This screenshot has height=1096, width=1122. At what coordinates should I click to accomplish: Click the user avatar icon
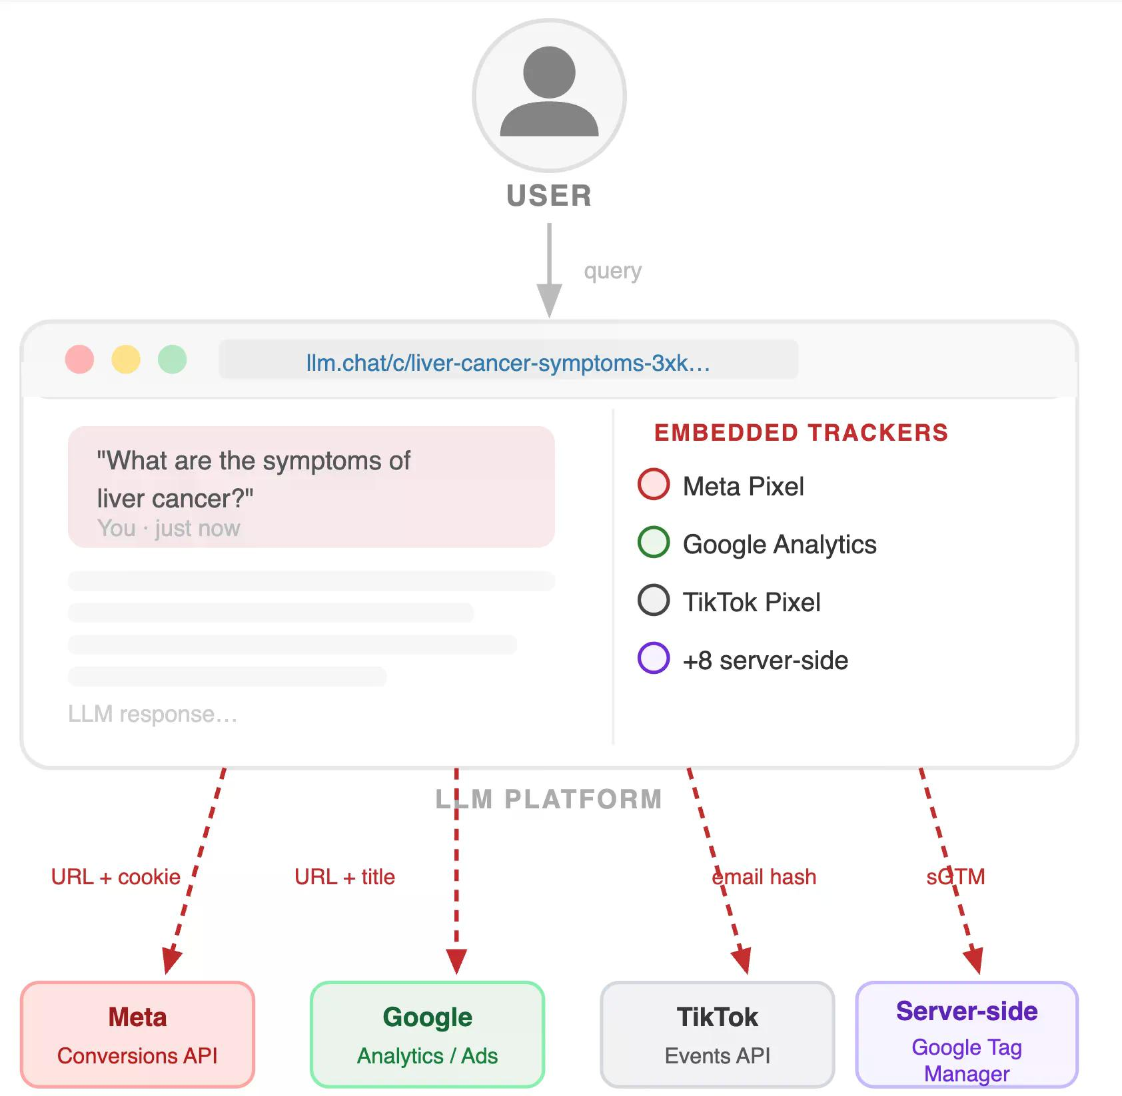549,95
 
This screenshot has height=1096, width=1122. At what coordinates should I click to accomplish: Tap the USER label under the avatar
549,196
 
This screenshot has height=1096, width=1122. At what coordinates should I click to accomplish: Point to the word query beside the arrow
613,272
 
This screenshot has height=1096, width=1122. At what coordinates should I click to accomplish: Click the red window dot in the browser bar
79,360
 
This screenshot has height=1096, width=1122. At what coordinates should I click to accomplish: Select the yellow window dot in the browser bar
126,360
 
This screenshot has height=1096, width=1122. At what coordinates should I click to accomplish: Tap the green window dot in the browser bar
173,360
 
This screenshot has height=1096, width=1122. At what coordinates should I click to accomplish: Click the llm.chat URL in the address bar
508,363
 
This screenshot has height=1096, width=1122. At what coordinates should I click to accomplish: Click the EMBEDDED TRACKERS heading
801,433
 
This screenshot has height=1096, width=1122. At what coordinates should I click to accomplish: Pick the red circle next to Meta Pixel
654,485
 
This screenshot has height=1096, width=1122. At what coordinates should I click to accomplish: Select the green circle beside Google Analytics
654,543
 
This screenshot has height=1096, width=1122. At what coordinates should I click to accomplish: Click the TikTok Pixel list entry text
752,603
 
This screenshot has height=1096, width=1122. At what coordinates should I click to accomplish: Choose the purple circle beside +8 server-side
654,659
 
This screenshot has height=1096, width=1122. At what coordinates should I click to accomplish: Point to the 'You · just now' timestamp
169,528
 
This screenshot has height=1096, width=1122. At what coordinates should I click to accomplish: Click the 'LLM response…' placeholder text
153,714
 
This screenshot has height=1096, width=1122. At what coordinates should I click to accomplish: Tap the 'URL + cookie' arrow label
116,877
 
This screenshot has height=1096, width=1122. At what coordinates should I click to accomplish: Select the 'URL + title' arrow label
344,877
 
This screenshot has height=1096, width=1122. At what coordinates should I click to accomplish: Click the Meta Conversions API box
137,1034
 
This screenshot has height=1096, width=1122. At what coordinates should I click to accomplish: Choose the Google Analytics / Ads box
427,1034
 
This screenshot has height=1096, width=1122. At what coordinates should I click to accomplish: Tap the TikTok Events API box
718,1034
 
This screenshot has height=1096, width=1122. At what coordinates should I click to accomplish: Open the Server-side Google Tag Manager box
967,1034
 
